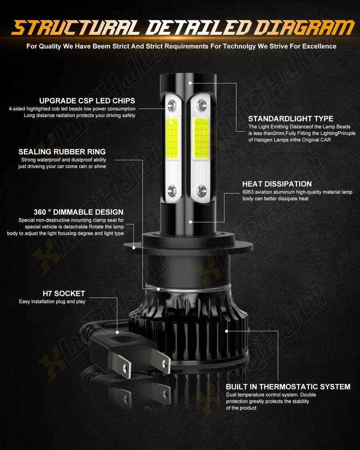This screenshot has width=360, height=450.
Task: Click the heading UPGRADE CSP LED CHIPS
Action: [x=87, y=101]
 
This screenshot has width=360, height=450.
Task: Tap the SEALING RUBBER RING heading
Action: [x=62, y=152]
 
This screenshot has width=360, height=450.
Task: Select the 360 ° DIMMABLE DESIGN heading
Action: [x=78, y=212]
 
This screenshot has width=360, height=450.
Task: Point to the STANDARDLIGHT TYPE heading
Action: [x=291, y=119]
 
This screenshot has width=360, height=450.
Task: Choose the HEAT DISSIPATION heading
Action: [x=277, y=184]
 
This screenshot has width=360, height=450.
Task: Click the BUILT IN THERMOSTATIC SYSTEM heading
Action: [x=288, y=387]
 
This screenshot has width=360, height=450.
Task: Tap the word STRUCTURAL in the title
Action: [x=75, y=28]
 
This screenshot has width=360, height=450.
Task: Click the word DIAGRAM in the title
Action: [x=300, y=28]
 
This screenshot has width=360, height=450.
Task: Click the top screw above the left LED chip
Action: [x=172, y=103]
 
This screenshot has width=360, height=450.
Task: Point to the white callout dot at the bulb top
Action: [x=190, y=82]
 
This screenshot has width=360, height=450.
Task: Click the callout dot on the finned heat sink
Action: [x=227, y=331]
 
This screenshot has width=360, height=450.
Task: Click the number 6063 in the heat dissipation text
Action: [x=249, y=192]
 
